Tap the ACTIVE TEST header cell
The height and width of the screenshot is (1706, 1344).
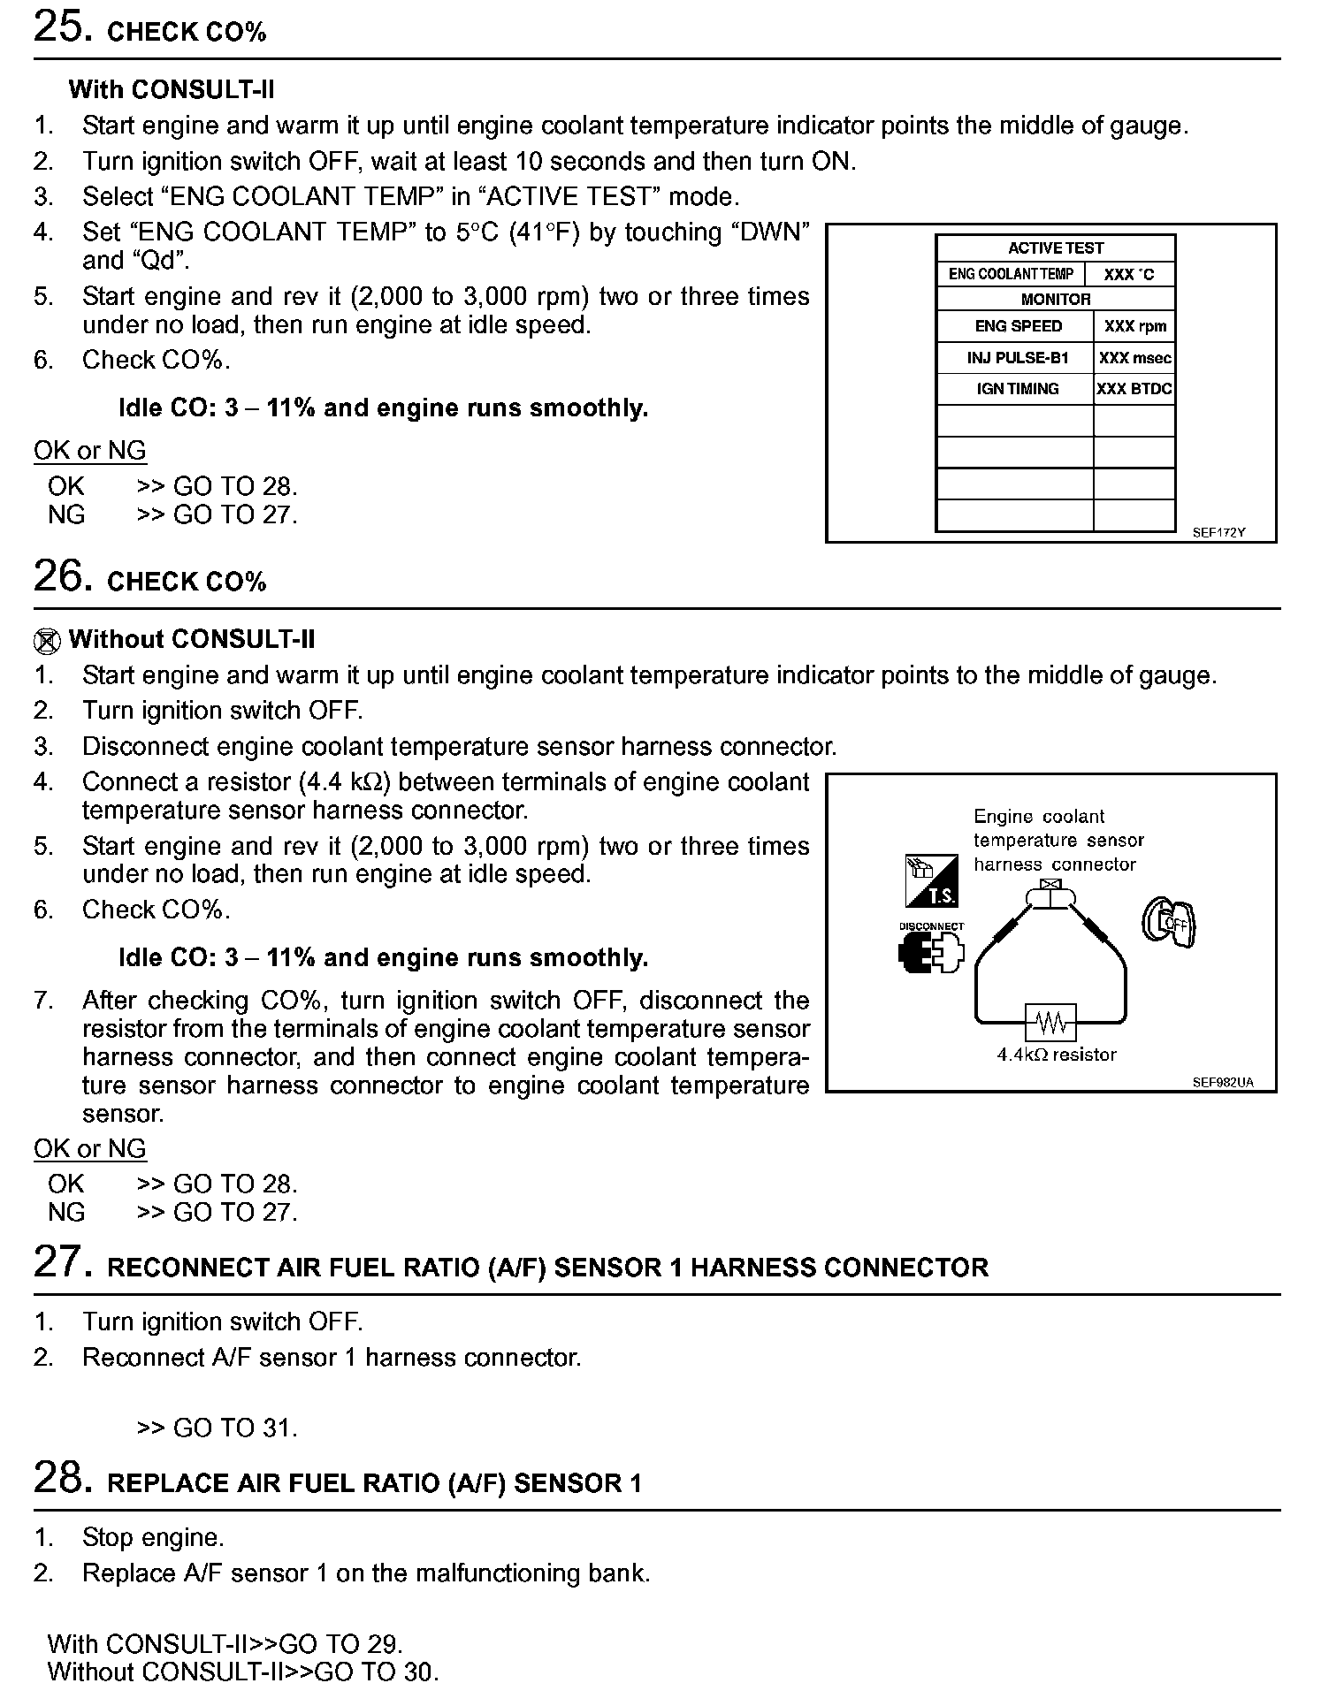click(1055, 248)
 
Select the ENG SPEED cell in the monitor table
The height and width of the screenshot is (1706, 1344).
click(1018, 326)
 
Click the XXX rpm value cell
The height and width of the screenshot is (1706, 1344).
click(1134, 326)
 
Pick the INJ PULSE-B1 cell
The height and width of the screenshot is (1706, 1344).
click(1017, 358)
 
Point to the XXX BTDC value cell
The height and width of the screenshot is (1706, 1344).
click(1134, 389)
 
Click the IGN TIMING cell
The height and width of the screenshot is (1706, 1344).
click(1017, 389)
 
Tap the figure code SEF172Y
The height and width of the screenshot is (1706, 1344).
click(1218, 533)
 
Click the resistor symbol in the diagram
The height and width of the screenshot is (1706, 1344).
click(1050, 1023)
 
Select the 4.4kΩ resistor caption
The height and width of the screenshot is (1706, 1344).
click(1056, 1055)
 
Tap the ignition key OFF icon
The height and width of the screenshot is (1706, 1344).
click(1168, 922)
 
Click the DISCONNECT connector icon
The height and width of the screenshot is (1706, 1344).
click(930, 951)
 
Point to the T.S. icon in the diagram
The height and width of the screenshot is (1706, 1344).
click(931, 881)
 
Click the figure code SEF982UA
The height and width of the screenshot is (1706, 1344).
click(1222, 1083)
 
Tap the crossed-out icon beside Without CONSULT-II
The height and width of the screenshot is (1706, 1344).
click(48, 640)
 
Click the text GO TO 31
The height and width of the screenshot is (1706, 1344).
click(234, 1428)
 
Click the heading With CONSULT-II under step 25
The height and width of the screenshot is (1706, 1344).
click(172, 89)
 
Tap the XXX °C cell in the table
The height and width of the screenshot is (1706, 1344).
click(1128, 275)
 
